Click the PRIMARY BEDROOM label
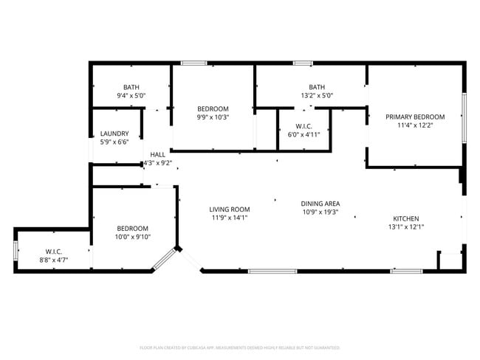tap(415, 117)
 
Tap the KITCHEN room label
tap(405, 218)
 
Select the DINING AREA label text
tap(320, 204)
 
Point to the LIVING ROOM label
tap(230, 209)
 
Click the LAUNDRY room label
tap(114, 134)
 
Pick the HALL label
tap(157, 154)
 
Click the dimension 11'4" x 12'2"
tap(415, 125)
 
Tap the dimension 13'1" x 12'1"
tap(405, 227)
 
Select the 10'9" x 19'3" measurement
tap(320, 212)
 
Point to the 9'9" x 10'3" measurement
tap(213, 117)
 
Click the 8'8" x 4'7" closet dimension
tap(53, 260)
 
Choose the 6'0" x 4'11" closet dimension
tap(304, 134)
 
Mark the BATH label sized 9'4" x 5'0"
tap(131, 87)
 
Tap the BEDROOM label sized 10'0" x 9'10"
tap(132, 228)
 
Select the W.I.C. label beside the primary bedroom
tap(304, 125)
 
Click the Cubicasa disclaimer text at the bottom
tap(239, 347)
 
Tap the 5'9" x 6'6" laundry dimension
tap(114, 142)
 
